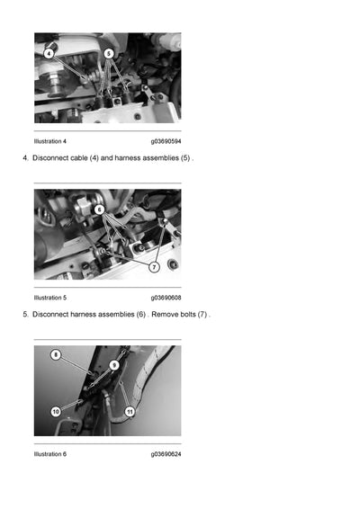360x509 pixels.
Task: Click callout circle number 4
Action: (x=49, y=53)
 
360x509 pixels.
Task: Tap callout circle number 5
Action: (x=109, y=53)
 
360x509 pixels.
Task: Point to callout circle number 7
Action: (x=154, y=267)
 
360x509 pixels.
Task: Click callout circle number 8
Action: (x=56, y=355)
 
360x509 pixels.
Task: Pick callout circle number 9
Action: (x=114, y=365)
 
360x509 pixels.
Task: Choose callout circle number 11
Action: (x=130, y=411)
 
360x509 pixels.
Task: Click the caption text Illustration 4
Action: (x=50, y=141)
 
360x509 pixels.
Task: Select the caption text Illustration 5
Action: (x=50, y=297)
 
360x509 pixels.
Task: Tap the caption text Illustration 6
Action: (x=50, y=454)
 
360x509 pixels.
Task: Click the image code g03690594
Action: (x=166, y=141)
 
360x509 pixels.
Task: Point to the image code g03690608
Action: (x=166, y=297)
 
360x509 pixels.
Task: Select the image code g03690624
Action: (x=166, y=454)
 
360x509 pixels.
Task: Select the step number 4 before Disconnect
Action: (x=24, y=158)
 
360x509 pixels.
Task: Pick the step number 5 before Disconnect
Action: (x=24, y=314)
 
